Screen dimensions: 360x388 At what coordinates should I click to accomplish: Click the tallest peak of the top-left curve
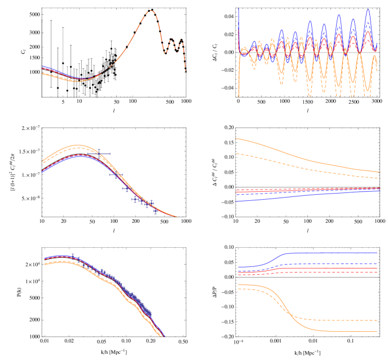[x=150, y=11]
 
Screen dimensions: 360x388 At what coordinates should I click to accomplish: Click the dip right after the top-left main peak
[x=166, y=53]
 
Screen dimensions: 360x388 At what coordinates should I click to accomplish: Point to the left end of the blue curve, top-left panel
[x=42, y=67]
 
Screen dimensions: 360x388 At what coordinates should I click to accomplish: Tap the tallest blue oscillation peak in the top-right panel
[x=367, y=9]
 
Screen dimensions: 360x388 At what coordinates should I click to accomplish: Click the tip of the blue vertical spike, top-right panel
[x=239, y=8]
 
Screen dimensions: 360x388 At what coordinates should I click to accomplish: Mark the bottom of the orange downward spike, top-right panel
[x=239, y=96]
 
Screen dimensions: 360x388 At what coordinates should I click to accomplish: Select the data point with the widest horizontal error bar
[x=99, y=153]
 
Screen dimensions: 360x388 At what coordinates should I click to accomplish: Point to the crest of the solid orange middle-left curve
[x=80, y=145]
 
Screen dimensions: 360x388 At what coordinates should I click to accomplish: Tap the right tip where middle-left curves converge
[x=177, y=216]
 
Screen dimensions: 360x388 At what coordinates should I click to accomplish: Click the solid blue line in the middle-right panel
[x=305, y=196]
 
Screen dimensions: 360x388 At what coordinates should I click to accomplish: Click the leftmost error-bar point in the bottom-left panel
[x=73, y=257]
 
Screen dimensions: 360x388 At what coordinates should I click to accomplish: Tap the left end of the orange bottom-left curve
[x=44, y=264]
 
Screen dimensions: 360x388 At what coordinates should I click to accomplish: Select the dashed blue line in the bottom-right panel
[x=338, y=264]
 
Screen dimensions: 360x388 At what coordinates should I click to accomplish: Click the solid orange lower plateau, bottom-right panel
[x=350, y=331]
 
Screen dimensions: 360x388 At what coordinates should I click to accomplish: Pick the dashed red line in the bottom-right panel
[x=338, y=272]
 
